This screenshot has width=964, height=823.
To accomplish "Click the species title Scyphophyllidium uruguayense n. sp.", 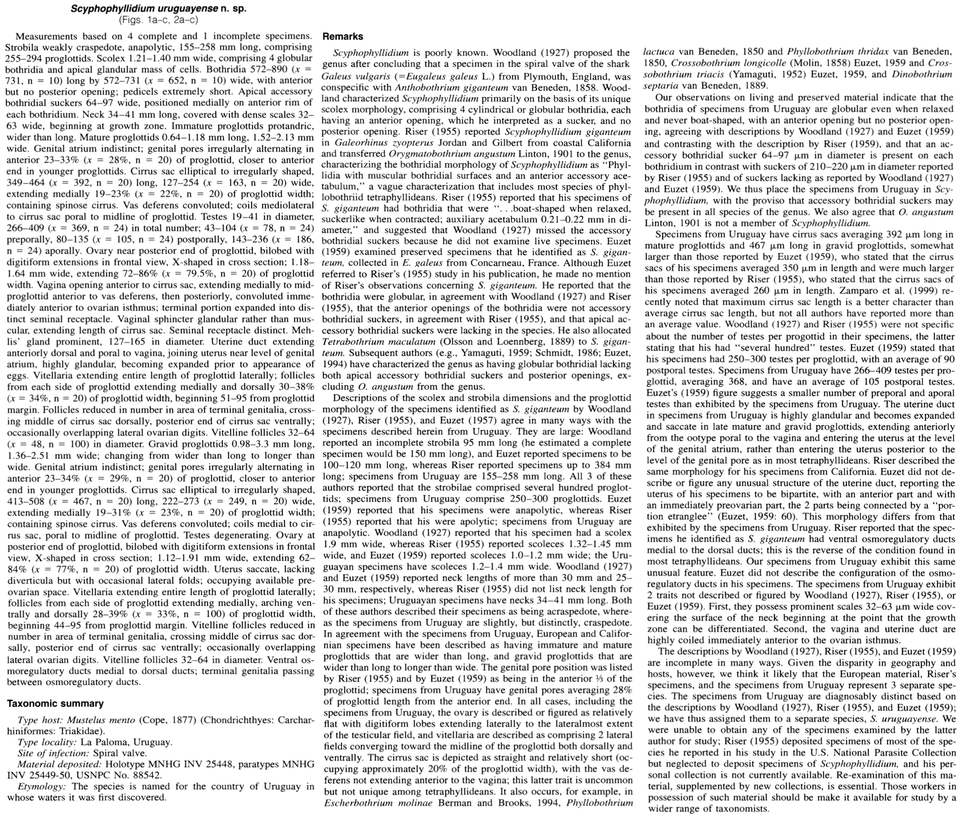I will click(159, 9).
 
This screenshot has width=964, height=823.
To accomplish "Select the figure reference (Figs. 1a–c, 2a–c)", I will click(159, 20).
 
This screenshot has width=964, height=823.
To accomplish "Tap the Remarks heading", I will click(343, 36).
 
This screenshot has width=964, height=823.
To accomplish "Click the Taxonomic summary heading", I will click(55, 703).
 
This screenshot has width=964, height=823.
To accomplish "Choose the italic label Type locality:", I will click(47, 742).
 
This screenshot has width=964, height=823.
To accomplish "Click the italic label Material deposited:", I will click(60, 764).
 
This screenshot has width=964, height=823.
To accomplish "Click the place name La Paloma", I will click(101, 742).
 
